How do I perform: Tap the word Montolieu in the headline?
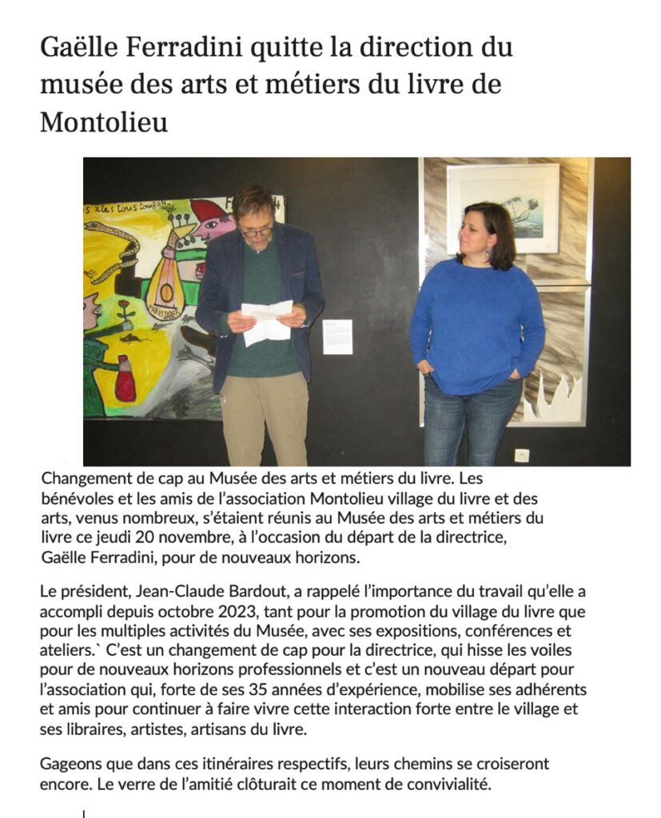[104, 122]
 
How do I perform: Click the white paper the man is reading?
[266, 321]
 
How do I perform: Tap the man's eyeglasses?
[257, 232]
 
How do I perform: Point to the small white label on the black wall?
[337, 336]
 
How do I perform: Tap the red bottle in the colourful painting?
[125, 382]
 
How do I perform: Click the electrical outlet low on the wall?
[521, 455]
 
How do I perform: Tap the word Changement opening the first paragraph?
[84, 479]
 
